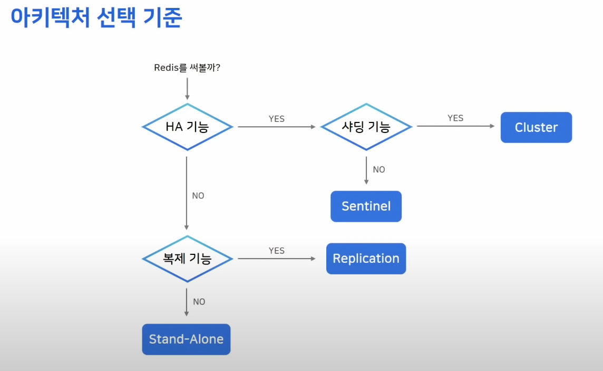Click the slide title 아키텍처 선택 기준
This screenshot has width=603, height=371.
click(x=96, y=18)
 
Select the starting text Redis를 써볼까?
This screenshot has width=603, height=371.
click(x=187, y=67)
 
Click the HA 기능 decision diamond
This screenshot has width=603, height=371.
click(x=187, y=127)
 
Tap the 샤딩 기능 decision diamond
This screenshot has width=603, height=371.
click(x=366, y=127)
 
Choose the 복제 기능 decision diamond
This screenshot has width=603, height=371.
click(x=187, y=259)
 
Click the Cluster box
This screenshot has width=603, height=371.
click(x=536, y=127)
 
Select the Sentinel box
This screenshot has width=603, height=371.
click(x=366, y=206)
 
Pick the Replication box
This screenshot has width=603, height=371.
click(x=366, y=259)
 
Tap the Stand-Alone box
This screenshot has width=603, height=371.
click(x=186, y=339)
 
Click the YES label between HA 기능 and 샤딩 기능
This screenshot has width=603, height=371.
click(x=277, y=119)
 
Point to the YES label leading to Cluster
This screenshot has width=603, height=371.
click(x=455, y=118)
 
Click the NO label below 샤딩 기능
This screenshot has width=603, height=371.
click(x=379, y=169)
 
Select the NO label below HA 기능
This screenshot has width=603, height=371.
click(x=198, y=196)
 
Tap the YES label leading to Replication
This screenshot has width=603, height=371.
click(x=277, y=251)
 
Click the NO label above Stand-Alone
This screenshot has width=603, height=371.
click(x=199, y=302)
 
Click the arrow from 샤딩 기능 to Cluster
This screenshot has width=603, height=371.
click(x=456, y=127)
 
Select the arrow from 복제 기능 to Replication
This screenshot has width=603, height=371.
click(x=277, y=259)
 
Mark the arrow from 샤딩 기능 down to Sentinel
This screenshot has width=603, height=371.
click(x=366, y=170)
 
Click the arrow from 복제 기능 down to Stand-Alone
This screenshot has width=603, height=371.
click(x=187, y=302)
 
